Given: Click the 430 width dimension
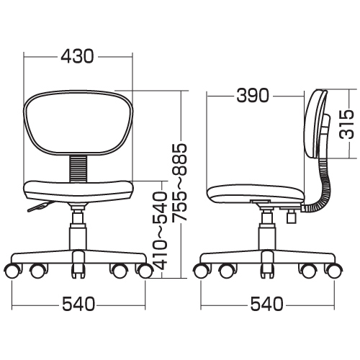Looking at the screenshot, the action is tap(77, 56).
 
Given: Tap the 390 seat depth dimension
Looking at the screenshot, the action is tap(253, 95).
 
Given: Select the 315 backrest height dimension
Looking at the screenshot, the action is tap(347, 124).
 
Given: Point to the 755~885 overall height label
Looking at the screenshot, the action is tap(179, 182).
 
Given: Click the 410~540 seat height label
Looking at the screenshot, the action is tap(160, 230).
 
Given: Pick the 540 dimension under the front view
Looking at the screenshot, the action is tap(78, 304).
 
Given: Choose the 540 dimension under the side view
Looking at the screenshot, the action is tap(267, 304).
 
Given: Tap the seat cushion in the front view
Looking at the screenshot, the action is tap(78, 192).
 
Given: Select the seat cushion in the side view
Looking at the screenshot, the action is tap(256, 194).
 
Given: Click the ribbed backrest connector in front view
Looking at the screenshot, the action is tap(78, 168).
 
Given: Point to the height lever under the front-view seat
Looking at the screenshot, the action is tap(38, 207).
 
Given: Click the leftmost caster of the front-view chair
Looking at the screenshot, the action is tap(13, 271).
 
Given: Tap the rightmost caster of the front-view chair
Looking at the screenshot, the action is tap(145, 271).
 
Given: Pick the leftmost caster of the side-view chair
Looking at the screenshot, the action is tap(201, 271).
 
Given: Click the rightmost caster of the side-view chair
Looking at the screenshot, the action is tap(333, 271).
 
